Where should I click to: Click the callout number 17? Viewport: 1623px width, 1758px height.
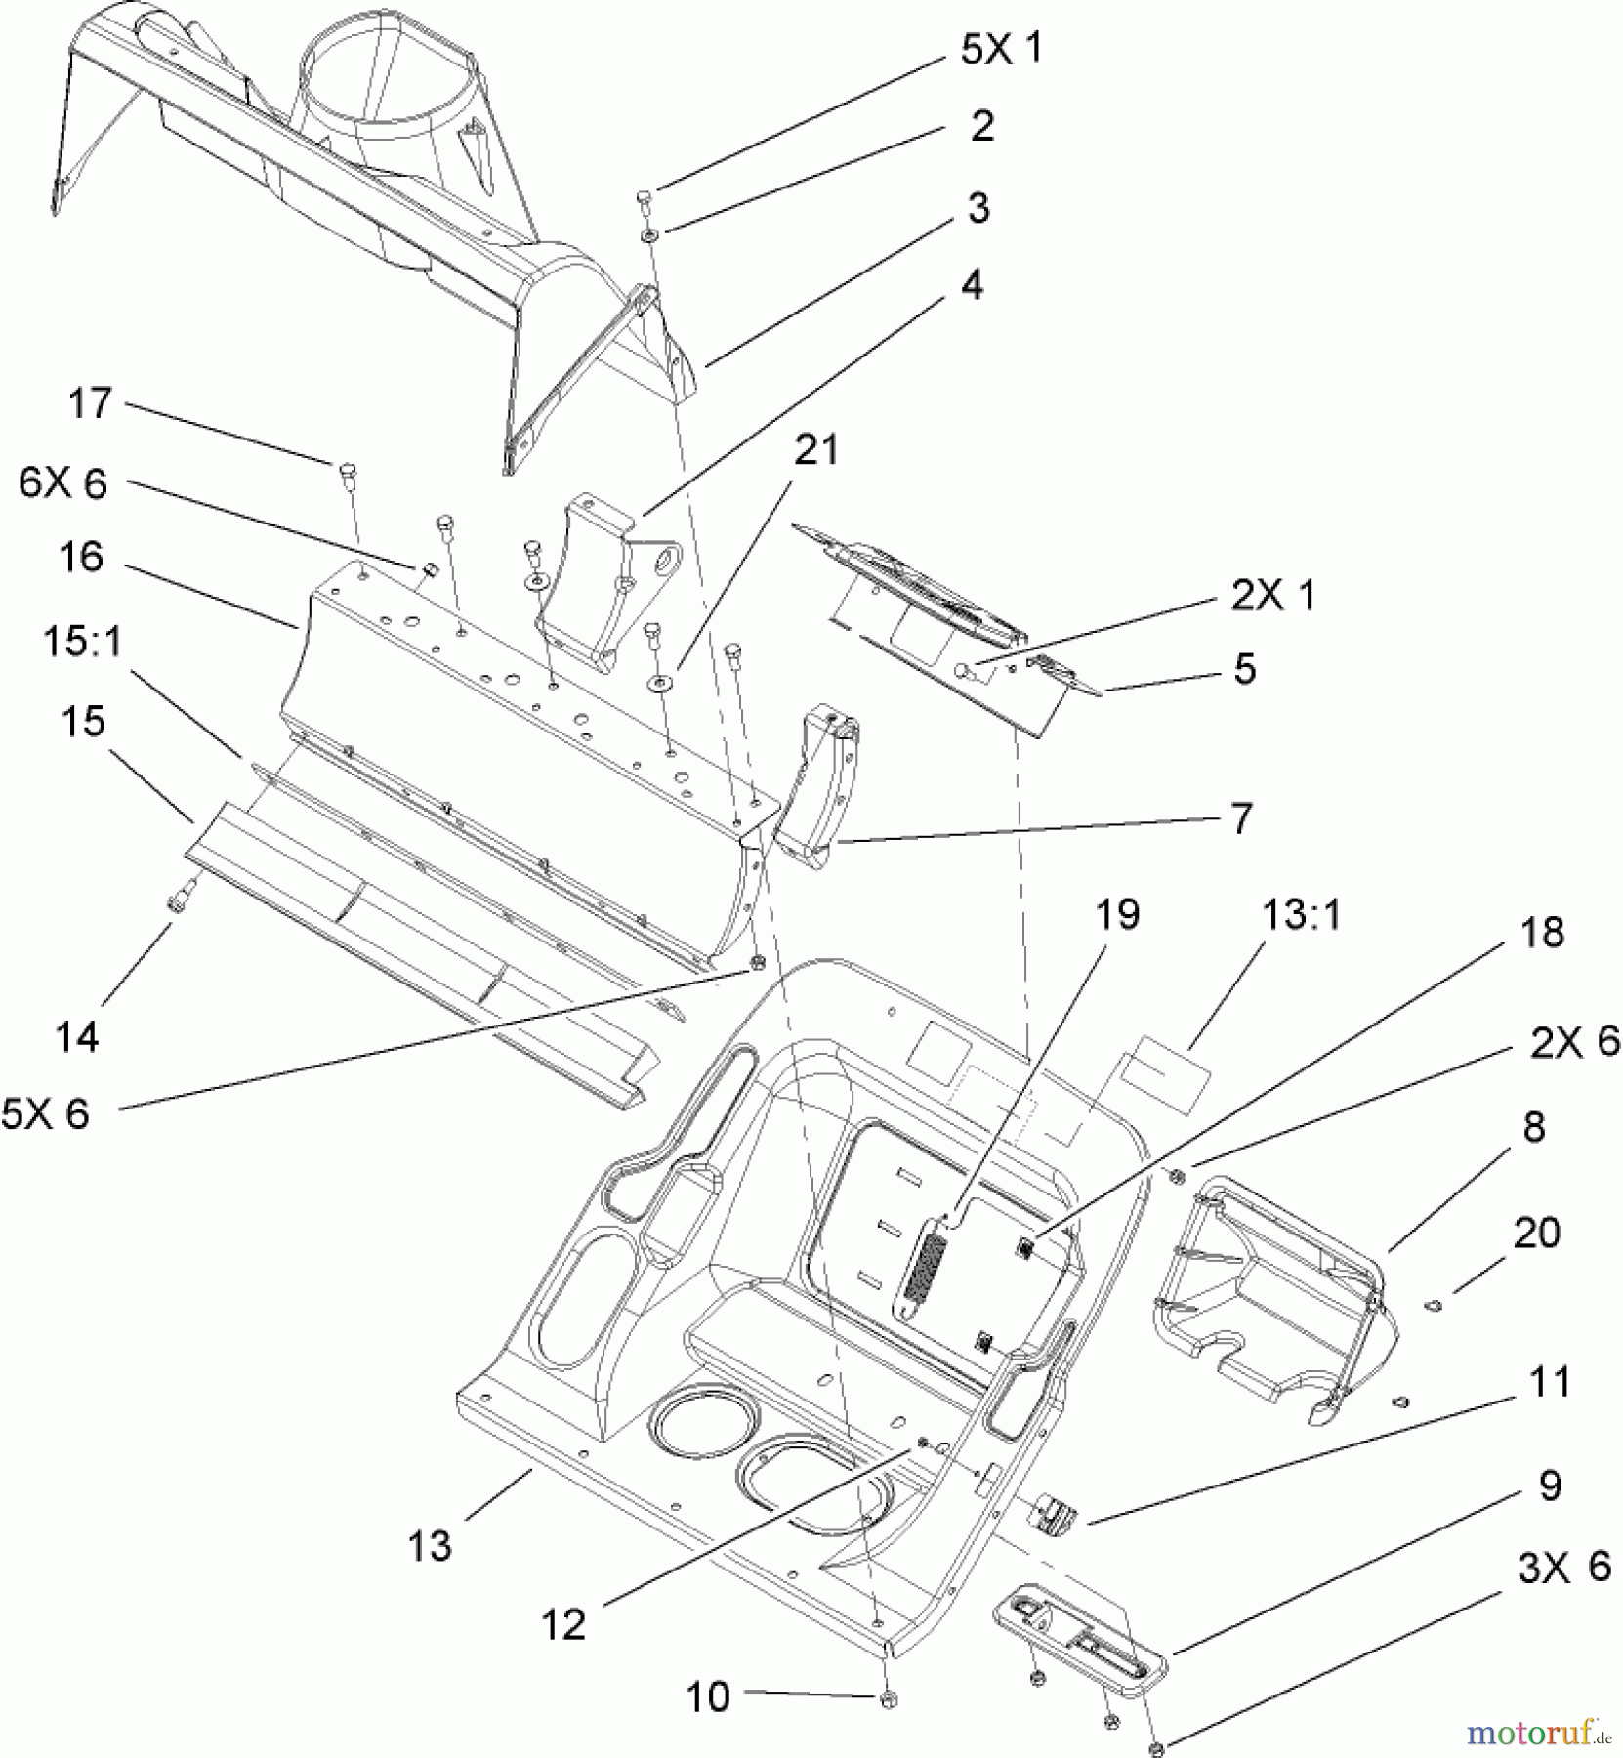[x=90, y=403]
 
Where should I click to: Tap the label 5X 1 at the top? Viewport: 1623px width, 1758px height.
[x=1001, y=48]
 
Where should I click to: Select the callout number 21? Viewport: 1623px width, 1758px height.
[x=816, y=450]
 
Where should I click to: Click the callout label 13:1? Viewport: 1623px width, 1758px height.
[x=1303, y=915]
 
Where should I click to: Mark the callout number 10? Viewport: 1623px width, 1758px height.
[x=707, y=1696]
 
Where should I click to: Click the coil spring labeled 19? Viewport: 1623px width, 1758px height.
[x=935, y=1266]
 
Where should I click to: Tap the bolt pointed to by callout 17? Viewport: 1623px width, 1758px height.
[x=347, y=476]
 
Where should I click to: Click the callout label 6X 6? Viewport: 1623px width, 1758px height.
[x=62, y=483]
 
